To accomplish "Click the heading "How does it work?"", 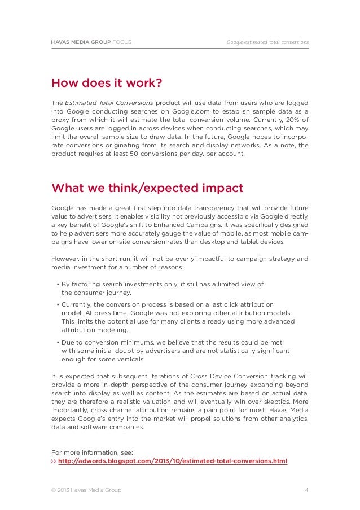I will pyautogui.click(x=107, y=84).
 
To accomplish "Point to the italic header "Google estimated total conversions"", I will pyautogui.click(x=267, y=42).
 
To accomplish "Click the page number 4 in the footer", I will pyautogui.click(x=306, y=490).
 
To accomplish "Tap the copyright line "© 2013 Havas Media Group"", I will pyautogui.click(x=86, y=490).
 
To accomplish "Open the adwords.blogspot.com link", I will pyautogui.click(x=173, y=461).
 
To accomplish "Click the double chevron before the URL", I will pyautogui.click(x=54, y=461).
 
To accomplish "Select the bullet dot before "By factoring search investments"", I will pyautogui.click(x=58, y=285).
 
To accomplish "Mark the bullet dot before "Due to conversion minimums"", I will pyautogui.click(x=58, y=343).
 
